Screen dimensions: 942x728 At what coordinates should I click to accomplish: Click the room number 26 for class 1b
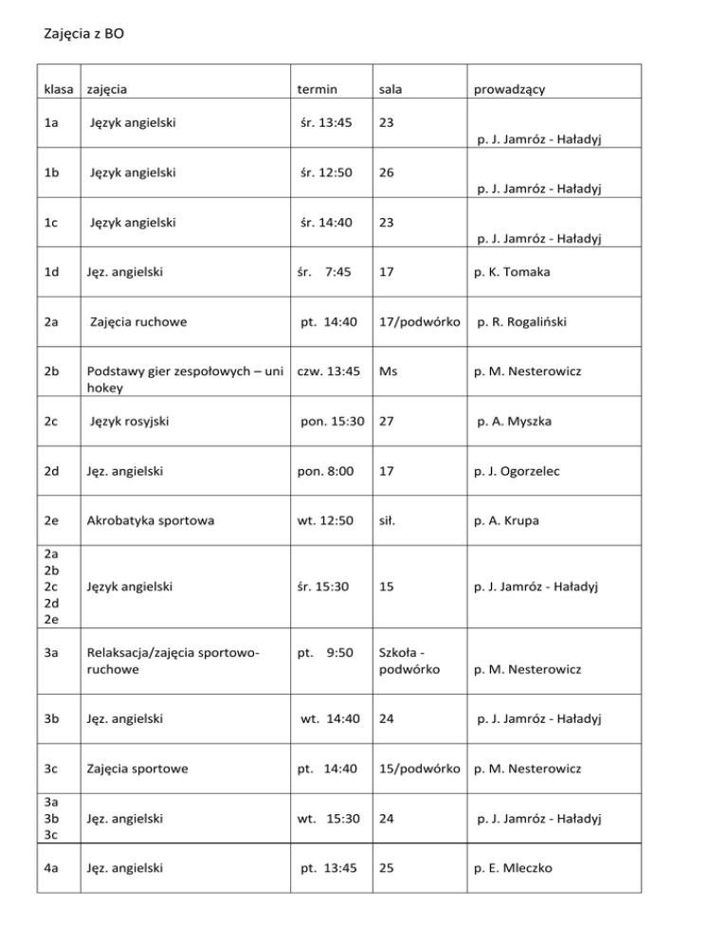point(386,174)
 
